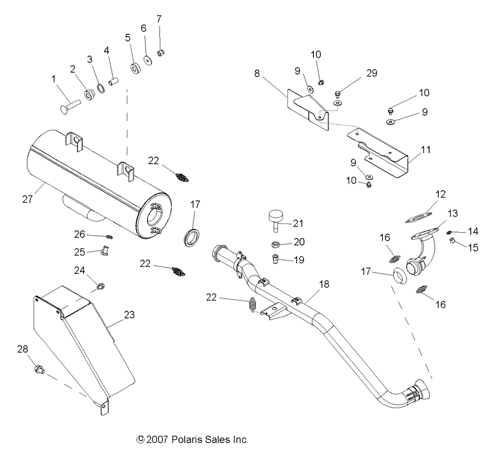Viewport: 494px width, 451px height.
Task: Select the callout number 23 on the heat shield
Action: coord(129,316)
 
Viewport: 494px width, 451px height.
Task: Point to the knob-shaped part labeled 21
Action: coord(275,219)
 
